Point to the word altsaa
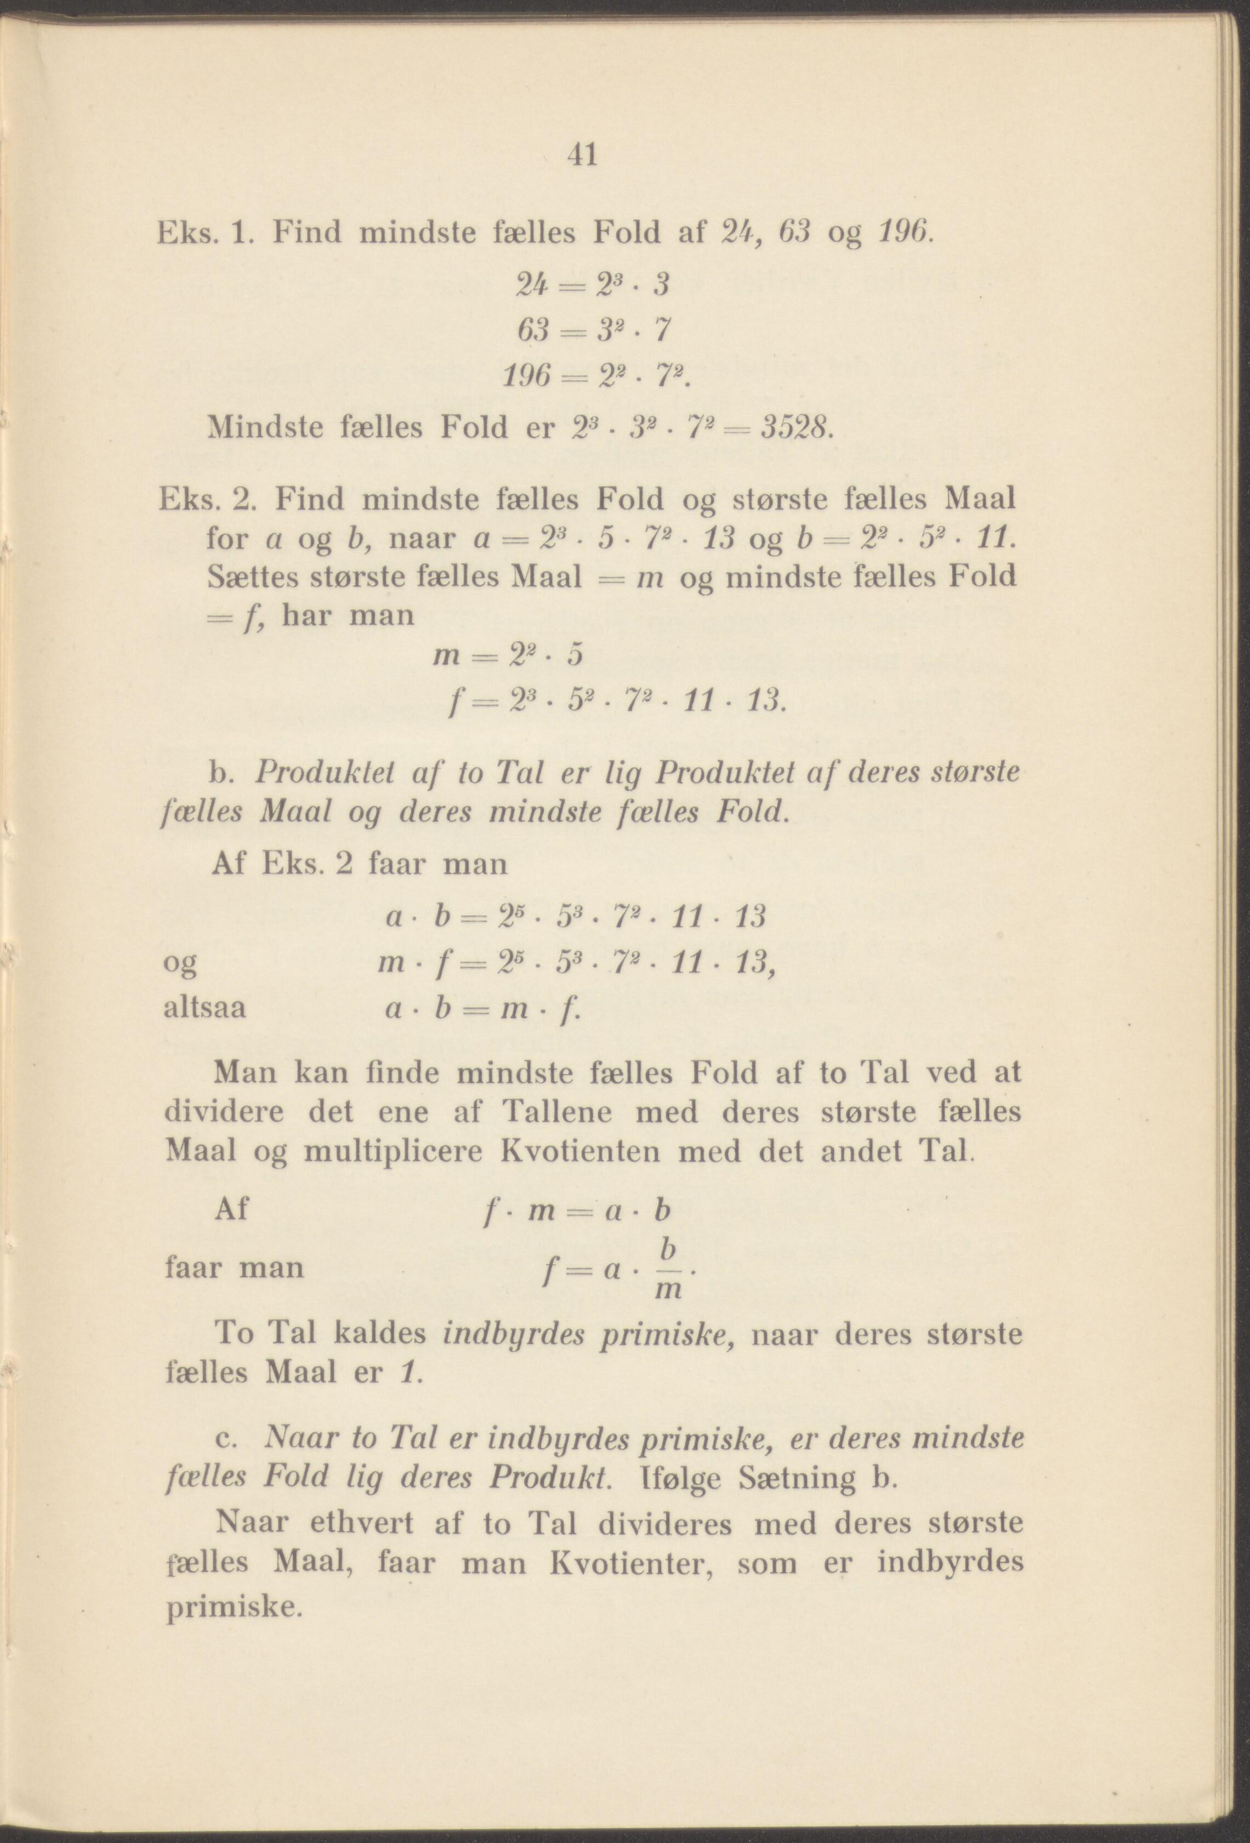pos(204,1009)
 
